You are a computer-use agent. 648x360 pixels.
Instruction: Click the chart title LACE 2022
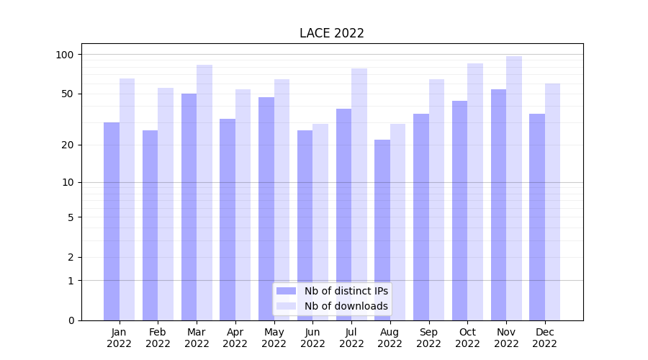pos(331,33)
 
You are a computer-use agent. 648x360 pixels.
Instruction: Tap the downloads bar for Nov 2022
pos(514,188)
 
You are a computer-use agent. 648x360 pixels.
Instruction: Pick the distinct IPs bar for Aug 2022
pos(382,230)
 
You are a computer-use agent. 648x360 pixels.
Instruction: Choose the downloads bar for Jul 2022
pos(359,194)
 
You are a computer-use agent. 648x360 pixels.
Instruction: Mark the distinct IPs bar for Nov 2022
pos(498,204)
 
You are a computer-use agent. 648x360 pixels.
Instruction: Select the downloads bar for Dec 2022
pos(552,202)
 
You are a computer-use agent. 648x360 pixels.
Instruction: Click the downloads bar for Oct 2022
pos(475,192)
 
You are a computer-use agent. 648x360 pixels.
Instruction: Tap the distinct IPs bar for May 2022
pos(266,209)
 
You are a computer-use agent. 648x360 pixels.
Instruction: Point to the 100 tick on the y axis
pos(65,55)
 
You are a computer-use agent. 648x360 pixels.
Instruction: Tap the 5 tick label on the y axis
pos(71,217)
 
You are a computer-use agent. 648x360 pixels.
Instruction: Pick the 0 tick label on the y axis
pos(71,320)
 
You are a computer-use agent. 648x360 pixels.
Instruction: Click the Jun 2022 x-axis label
pos(312,338)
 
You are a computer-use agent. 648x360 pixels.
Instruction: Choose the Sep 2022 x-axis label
pos(428,338)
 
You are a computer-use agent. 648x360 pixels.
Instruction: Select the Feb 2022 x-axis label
pos(158,338)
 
